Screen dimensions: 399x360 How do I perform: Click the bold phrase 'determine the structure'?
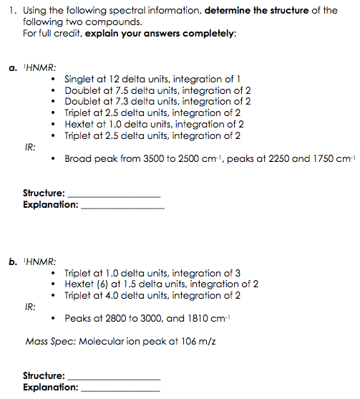[240, 10]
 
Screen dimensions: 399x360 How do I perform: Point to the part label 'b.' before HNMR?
[13, 261]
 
